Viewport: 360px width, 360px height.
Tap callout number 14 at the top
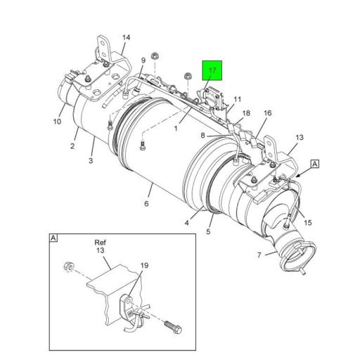click(x=126, y=37)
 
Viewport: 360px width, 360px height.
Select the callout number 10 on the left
click(x=57, y=121)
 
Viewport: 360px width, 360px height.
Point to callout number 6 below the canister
click(x=147, y=204)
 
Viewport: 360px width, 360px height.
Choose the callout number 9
click(x=142, y=60)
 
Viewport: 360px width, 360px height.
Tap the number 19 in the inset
click(x=144, y=266)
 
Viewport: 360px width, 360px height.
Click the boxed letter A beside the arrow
click(x=315, y=164)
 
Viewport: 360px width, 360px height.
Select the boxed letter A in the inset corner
click(x=54, y=238)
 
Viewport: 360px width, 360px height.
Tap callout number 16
click(x=267, y=112)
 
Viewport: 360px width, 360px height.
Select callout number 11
click(x=237, y=98)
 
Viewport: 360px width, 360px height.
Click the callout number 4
click(x=187, y=223)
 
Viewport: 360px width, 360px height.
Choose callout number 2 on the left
click(x=72, y=146)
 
